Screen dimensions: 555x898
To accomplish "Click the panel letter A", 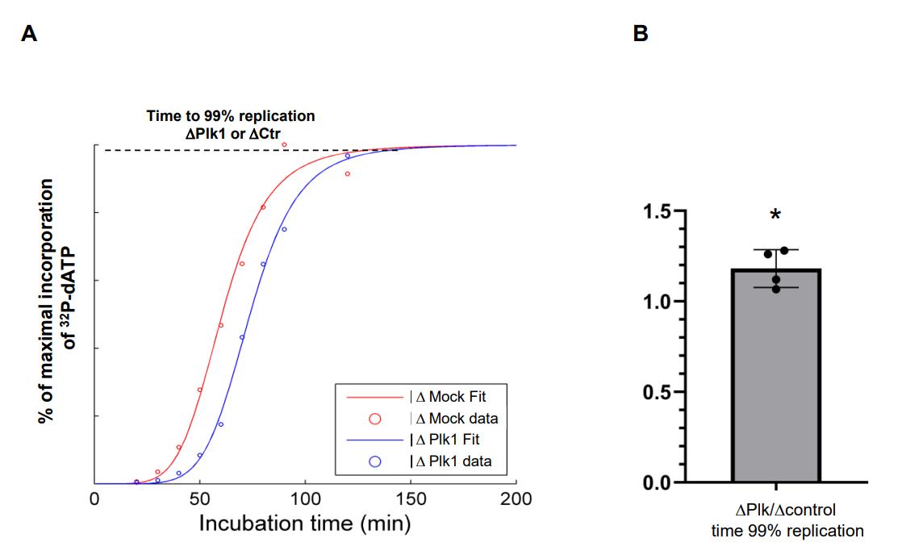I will (x=29, y=35).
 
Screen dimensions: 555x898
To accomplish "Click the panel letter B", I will (x=641, y=35).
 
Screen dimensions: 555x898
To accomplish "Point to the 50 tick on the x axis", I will (x=200, y=499).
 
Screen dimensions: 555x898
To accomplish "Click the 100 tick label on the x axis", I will (x=305, y=499).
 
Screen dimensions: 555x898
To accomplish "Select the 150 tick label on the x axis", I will (x=410, y=499).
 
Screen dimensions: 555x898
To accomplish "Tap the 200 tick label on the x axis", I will (x=516, y=499).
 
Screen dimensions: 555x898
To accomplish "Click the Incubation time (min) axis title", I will (x=305, y=524).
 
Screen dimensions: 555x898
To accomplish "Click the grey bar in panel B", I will (x=775, y=379).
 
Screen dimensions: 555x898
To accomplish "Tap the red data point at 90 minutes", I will (x=284, y=144).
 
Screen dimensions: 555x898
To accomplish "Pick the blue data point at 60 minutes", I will (x=221, y=424).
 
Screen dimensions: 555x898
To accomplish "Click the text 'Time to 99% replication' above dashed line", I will (x=231, y=116).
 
